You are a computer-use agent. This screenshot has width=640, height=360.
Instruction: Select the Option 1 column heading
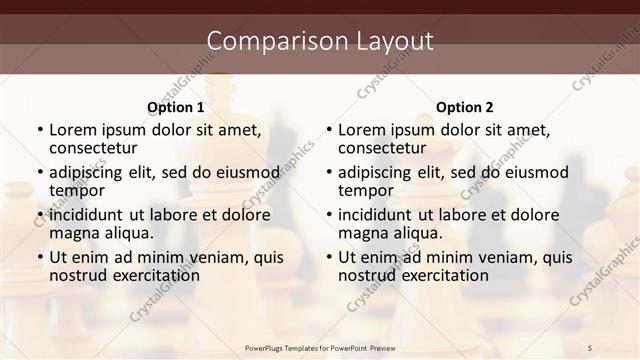coord(176,107)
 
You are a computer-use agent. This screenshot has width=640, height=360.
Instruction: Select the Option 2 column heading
coord(465,107)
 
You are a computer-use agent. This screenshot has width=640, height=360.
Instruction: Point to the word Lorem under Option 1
coord(73,129)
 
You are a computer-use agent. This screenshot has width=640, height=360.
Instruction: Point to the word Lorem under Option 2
coord(362,129)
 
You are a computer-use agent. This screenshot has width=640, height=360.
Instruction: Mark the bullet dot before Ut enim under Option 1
coord(39,257)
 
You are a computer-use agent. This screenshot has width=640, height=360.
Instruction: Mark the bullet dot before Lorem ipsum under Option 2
coord(328,130)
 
